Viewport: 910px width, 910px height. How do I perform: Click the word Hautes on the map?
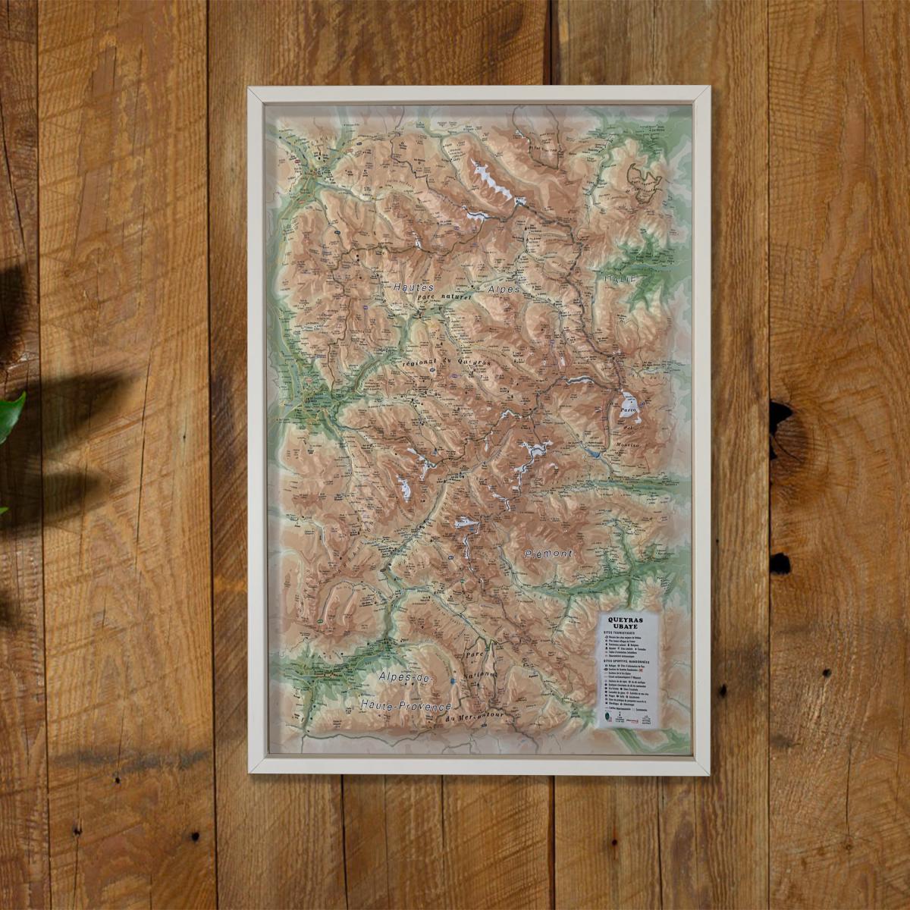(x=413, y=288)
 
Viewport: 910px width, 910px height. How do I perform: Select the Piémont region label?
(x=549, y=554)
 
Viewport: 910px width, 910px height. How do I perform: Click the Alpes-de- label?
(x=403, y=677)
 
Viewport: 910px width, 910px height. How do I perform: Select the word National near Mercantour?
(x=486, y=674)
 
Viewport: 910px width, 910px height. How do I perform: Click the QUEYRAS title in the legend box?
(x=629, y=620)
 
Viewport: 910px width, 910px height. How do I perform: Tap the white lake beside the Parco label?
(x=628, y=401)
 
